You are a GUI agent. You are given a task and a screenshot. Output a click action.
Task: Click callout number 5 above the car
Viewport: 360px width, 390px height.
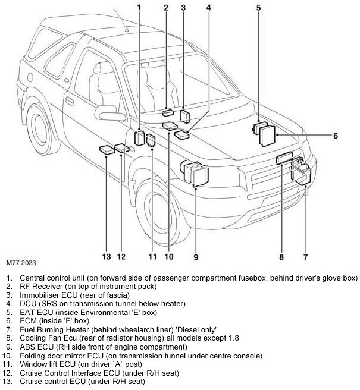[x=259, y=8]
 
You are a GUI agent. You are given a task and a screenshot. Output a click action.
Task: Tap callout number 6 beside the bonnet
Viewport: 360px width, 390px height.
[x=335, y=136]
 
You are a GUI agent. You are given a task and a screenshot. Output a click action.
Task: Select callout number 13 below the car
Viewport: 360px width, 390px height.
[x=106, y=257]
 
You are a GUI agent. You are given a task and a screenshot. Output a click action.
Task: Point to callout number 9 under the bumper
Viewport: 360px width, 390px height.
[x=195, y=257]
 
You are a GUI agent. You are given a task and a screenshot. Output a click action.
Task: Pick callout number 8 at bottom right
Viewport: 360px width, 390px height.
[x=281, y=257]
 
